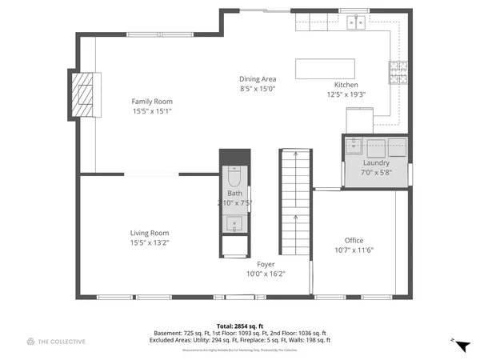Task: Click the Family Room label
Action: click(x=152, y=102)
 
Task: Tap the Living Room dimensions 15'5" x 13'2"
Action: click(x=150, y=242)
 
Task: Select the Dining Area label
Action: click(x=258, y=78)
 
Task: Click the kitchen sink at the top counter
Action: click(x=356, y=23)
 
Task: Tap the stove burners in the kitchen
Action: click(x=398, y=74)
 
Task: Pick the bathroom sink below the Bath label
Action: click(x=234, y=222)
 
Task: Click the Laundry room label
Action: click(x=354, y=163)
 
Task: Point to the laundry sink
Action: click(x=354, y=146)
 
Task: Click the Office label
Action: click(x=354, y=241)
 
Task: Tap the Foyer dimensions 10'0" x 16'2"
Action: click(x=266, y=274)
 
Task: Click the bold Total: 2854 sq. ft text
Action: click(x=239, y=326)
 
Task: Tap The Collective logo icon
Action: click(x=30, y=342)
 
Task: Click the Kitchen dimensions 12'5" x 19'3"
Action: click(x=346, y=94)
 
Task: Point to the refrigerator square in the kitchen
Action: click(x=359, y=118)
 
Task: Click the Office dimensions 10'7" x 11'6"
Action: click(x=354, y=250)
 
